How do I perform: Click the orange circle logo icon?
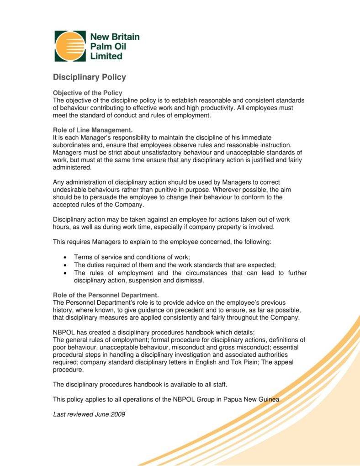[70, 46]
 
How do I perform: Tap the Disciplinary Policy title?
[90, 77]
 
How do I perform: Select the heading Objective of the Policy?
[88, 93]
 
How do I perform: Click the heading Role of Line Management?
[93, 130]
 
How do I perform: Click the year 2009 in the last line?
[117, 414]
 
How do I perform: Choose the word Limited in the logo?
[106, 56]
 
